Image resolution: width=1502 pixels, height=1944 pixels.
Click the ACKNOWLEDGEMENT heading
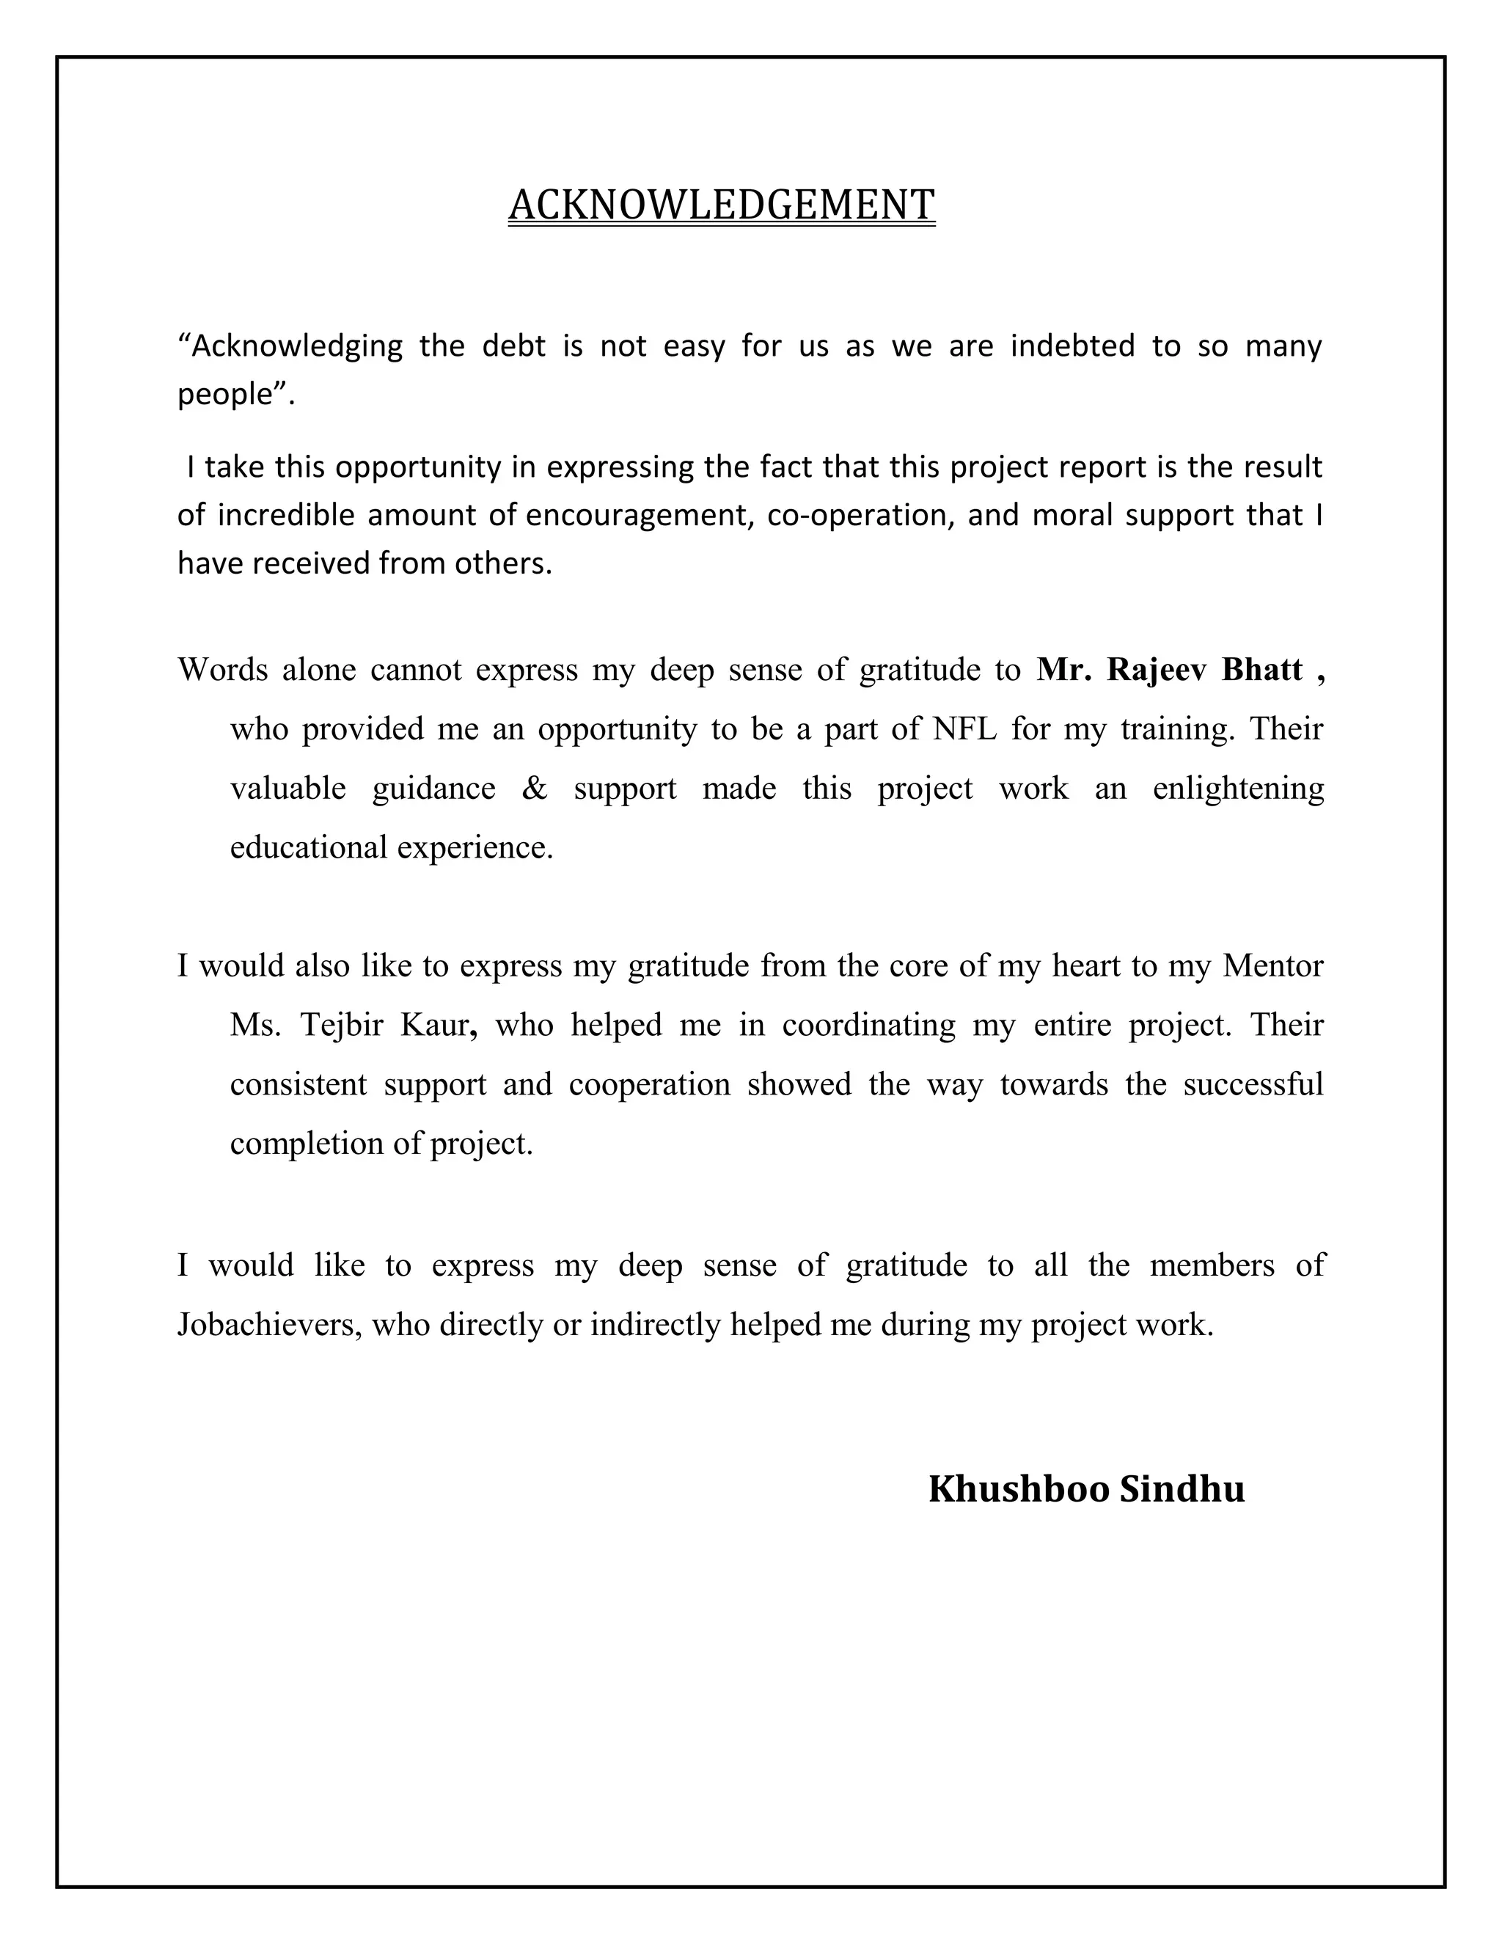pos(721,205)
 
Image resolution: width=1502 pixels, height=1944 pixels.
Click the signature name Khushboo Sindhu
pos(1086,1490)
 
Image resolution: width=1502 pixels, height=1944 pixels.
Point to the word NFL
pos(964,730)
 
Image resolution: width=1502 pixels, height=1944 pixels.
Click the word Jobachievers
pos(268,1326)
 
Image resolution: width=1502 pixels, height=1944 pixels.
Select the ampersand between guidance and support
pos(534,789)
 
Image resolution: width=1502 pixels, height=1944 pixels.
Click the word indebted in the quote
pos(1072,346)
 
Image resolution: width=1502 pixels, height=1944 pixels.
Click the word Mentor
pos(1272,967)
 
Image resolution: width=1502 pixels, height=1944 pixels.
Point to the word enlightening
pos(1238,789)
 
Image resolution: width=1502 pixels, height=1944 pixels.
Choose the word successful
pos(1253,1085)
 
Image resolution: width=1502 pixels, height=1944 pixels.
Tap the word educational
pos(309,847)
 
